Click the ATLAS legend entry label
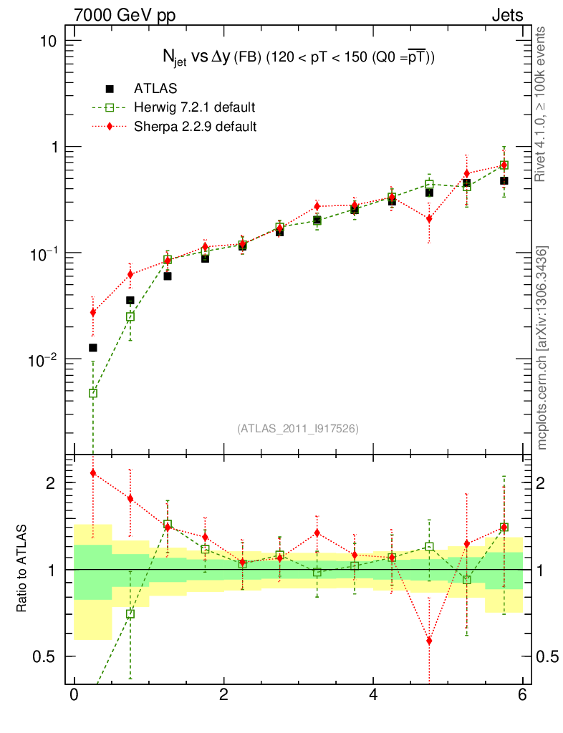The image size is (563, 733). tap(155, 89)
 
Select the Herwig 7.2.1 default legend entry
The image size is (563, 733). tap(194, 107)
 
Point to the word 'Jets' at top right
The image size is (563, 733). tap(507, 15)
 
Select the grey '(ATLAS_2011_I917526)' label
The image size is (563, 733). tap(298, 428)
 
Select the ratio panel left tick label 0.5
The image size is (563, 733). tap(45, 656)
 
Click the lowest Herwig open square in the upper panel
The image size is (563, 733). tap(92, 393)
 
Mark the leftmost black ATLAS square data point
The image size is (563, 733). tap(92, 348)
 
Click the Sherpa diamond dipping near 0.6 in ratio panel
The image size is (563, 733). tap(429, 641)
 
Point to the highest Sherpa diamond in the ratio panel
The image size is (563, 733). tap(92, 473)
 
